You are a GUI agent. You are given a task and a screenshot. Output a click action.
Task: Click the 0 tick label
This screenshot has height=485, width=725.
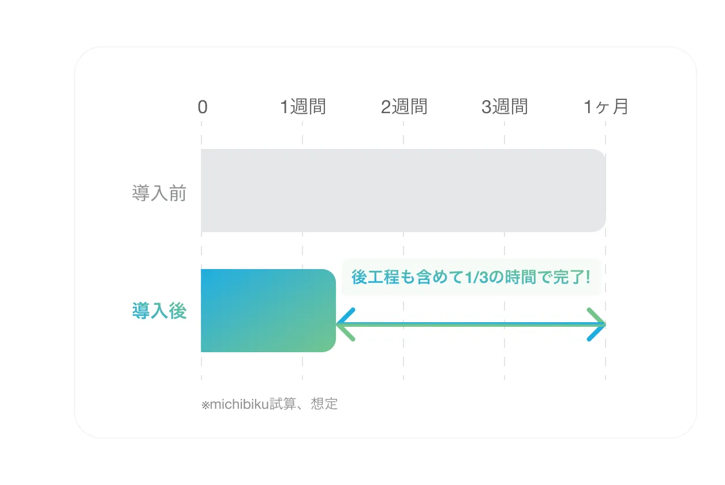click(x=203, y=107)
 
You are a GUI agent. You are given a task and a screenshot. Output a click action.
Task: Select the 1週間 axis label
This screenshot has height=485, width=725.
click(x=303, y=106)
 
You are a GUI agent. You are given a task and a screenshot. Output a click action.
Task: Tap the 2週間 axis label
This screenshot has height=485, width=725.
click(x=404, y=106)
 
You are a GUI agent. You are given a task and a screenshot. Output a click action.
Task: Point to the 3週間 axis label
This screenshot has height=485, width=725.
click(x=504, y=106)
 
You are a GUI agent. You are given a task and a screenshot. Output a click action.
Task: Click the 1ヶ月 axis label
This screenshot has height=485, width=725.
click(x=606, y=106)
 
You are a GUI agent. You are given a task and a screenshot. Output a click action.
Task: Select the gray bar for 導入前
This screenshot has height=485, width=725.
click(x=403, y=191)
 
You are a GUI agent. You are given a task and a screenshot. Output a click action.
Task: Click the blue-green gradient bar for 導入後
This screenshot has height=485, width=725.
click(x=268, y=311)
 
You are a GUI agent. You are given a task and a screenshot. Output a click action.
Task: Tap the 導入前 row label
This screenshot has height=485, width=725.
click(x=159, y=193)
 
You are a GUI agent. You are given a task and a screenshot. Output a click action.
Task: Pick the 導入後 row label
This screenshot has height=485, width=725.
click(x=159, y=311)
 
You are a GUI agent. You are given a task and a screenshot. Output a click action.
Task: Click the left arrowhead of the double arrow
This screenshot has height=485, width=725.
click(x=345, y=324)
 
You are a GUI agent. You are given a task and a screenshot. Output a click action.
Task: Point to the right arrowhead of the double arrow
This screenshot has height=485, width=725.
click(x=596, y=324)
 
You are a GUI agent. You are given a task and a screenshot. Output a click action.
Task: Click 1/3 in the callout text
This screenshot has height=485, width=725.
click(x=476, y=278)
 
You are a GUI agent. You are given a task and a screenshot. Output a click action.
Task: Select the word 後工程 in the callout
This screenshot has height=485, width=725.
click(x=375, y=277)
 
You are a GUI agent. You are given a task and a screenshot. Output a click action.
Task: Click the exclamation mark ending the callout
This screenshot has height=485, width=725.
click(x=588, y=277)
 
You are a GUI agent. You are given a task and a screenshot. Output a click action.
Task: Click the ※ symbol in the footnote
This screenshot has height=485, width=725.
click(x=205, y=405)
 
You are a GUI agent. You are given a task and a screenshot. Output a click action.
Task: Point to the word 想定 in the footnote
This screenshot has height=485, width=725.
click(x=324, y=404)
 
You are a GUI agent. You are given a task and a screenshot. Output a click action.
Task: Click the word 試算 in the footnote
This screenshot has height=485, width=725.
click(x=283, y=404)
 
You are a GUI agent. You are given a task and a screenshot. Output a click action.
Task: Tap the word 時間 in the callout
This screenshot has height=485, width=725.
click(x=521, y=277)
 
